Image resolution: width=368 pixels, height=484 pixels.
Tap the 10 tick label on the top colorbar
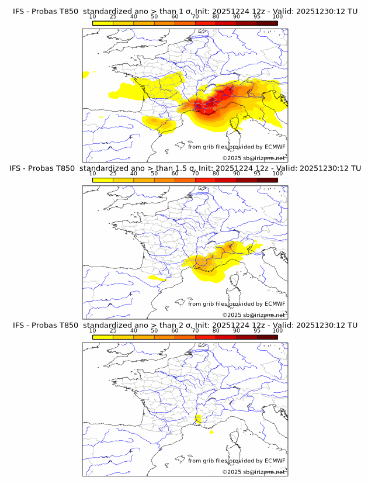pyautogui.click(x=92, y=16)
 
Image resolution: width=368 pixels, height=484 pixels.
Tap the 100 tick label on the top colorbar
pyautogui.click(x=277, y=16)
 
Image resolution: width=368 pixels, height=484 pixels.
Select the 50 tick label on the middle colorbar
pyautogui.click(x=154, y=174)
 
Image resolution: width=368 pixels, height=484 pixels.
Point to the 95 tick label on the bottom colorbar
pyautogui.click(x=257, y=330)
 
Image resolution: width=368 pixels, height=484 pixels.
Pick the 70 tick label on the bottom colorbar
pyautogui.click(x=195, y=330)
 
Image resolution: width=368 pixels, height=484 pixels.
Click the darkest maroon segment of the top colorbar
pyautogui.click(x=267, y=23)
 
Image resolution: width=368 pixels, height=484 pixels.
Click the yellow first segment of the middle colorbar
pyautogui.click(x=102, y=180)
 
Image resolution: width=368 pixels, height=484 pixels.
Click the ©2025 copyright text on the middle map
pyautogui.click(x=254, y=315)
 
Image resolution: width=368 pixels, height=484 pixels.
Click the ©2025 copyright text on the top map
pyautogui.click(x=254, y=158)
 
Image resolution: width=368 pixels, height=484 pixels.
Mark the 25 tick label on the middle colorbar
pyautogui.click(x=113, y=174)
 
